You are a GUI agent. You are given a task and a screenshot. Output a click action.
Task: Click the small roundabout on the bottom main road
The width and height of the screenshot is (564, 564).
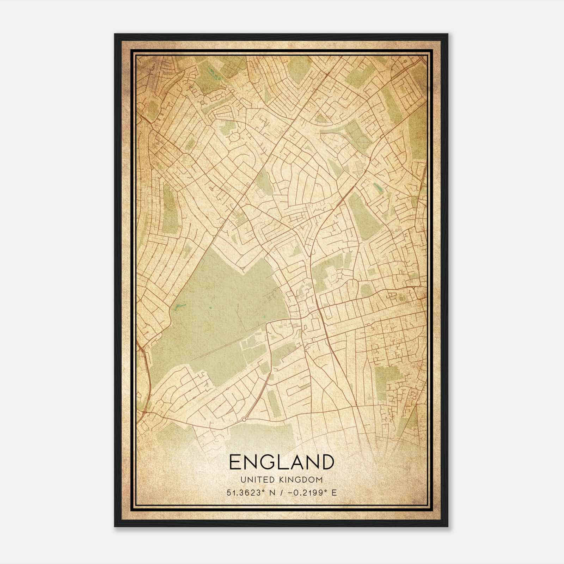pyautogui.click(x=244, y=419)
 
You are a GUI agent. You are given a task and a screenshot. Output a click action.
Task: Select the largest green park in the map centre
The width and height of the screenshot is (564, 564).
pyautogui.click(x=219, y=317)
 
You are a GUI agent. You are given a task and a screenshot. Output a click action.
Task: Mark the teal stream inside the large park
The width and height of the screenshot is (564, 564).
pyautogui.click(x=176, y=309)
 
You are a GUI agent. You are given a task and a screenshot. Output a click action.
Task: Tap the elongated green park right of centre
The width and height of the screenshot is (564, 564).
pyautogui.click(x=363, y=215)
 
